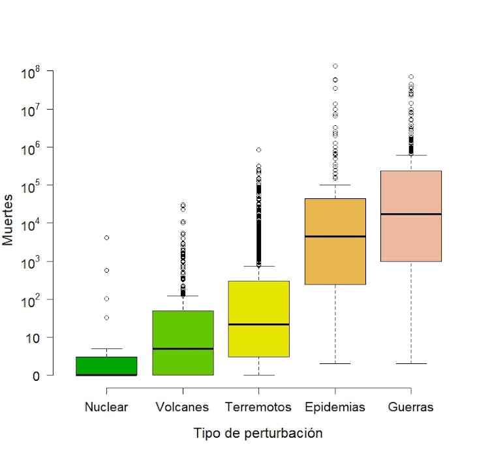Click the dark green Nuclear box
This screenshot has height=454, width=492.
106,366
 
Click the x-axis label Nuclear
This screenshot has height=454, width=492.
106,407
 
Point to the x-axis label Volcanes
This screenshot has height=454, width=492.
183,407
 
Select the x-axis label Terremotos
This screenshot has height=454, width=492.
258,407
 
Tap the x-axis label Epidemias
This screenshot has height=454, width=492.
335,407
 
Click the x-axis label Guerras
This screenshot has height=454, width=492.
411,407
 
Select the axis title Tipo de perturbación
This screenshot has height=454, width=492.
258,432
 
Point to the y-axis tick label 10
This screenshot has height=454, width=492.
33,338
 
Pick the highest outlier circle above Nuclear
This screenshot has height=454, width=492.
106,237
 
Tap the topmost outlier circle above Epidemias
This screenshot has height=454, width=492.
335,66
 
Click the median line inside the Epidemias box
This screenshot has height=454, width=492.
335,236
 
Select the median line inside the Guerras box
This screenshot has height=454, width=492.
411,214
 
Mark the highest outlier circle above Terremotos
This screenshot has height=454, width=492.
259,150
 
